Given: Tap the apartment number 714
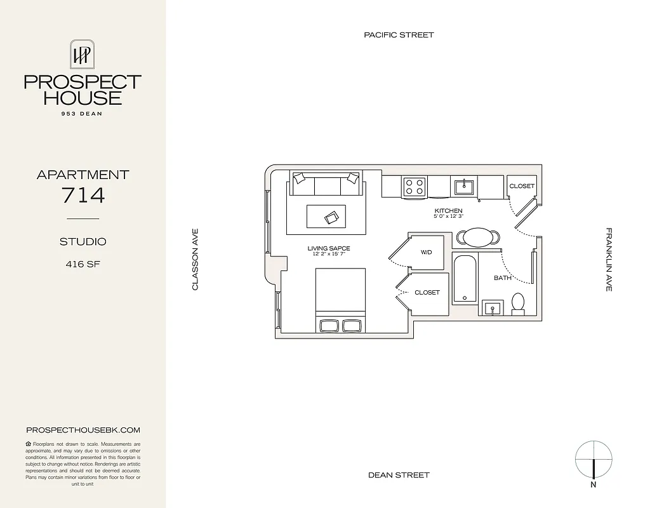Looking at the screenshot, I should click(x=83, y=195).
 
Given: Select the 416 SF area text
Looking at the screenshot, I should click(x=83, y=264).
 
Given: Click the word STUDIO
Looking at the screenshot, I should click(x=83, y=241).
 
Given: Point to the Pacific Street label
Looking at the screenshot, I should click(x=399, y=35).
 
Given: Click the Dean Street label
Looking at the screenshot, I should click(x=399, y=475).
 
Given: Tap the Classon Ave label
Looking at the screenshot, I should click(x=196, y=260).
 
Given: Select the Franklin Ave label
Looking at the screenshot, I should click(x=608, y=260).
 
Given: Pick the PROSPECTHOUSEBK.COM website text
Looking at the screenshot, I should click(x=83, y=430).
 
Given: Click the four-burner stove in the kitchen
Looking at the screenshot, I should click(x=415, y=186).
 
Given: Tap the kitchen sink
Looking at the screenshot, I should click(x=464, y=186).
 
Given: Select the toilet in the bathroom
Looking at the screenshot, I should click(x=518, y=304).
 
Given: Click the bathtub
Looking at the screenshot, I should click(x=465, y=278).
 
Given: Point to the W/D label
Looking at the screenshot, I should click(x=426, y=252).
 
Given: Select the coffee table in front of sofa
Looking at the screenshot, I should click(x=326, y=216).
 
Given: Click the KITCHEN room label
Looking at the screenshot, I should click(x=448, y=211).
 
